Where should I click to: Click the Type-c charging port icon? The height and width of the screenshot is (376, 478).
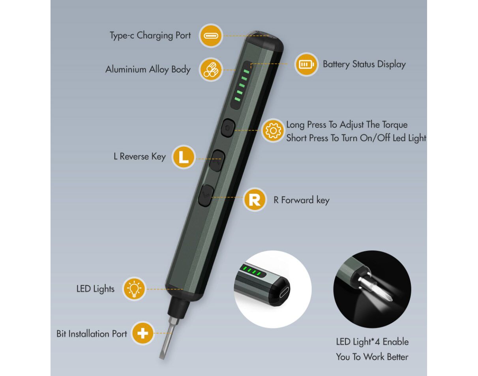211,36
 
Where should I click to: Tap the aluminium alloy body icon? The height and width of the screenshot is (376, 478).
210,70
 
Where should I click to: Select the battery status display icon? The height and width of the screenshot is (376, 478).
306,64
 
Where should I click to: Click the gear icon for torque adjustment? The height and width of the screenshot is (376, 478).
273,130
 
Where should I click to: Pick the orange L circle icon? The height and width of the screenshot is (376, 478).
184,157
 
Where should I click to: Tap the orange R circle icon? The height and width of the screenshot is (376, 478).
255,200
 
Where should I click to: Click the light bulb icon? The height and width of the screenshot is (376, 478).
134,289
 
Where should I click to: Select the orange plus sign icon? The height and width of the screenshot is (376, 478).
142,333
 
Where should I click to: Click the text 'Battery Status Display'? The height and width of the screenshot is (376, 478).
364,64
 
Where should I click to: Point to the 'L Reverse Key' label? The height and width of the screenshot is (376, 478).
140,157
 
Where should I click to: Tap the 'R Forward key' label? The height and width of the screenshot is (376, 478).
302,200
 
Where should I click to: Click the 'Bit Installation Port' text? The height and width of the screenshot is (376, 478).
92,334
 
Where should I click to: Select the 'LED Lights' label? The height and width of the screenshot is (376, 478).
96,289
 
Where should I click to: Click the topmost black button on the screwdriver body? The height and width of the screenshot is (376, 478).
228,128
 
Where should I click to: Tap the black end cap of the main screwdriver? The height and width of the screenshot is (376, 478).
264,42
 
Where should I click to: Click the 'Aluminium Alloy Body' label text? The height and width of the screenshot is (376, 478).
148,70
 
